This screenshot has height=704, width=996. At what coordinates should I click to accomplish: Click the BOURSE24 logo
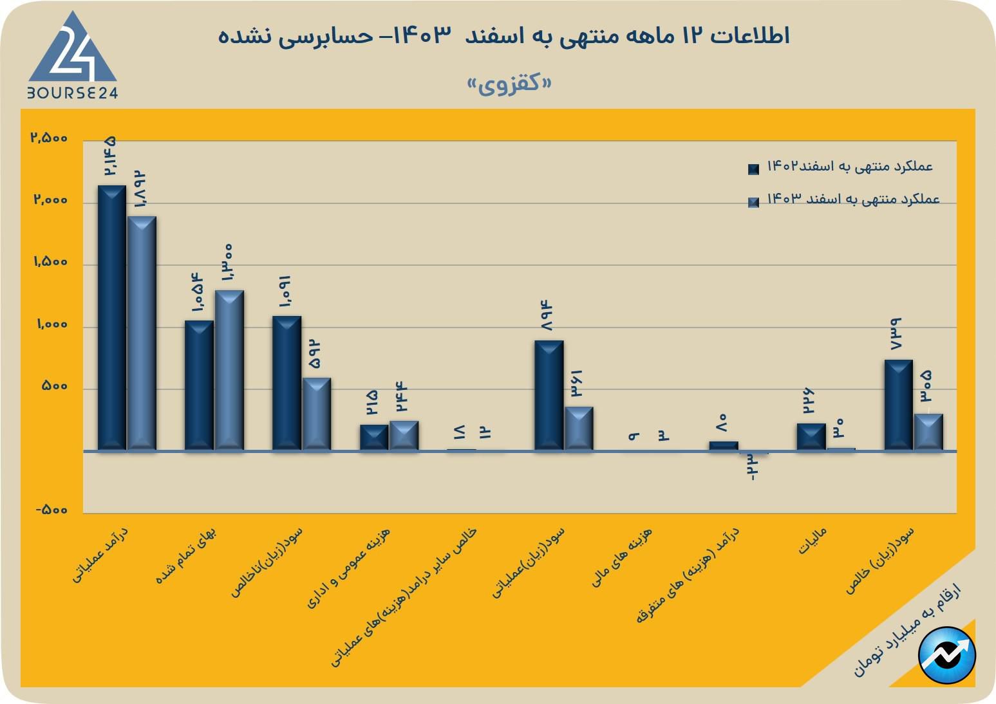72,57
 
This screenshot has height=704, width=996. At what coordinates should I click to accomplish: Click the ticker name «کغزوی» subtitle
510,84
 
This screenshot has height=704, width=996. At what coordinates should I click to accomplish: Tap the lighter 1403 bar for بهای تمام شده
229,370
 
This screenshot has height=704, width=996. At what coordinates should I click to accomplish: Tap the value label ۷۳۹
896,333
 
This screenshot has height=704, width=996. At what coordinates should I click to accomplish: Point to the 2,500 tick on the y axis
49,138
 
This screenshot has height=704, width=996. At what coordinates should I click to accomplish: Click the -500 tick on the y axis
52,510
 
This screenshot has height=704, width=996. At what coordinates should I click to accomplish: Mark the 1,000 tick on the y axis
52,324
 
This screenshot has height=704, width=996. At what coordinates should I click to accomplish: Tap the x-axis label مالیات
813,541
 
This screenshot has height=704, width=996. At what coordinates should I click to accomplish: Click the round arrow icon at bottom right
947,655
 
